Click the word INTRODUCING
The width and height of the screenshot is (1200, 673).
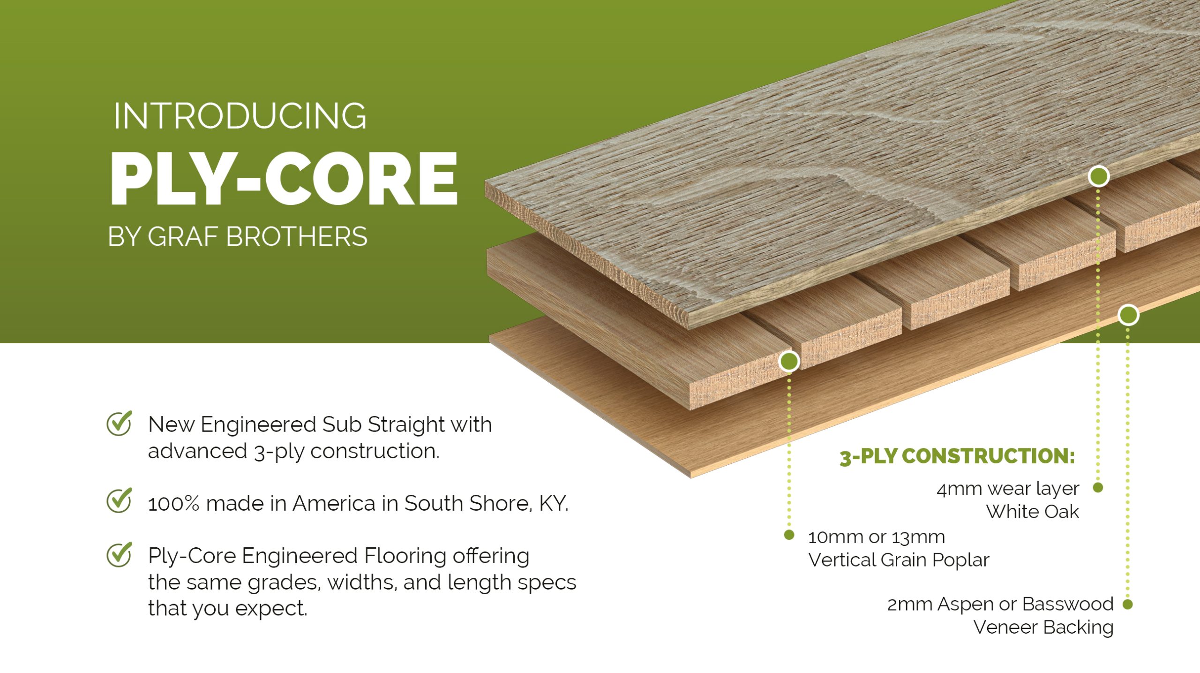pos(240,116)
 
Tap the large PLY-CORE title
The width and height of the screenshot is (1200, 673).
pos(284,179)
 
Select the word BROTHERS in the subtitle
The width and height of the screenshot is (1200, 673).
pos(297,236)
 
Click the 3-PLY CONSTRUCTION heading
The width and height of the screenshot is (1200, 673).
pos(957,457)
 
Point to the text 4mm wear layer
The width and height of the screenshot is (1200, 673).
pos(1008,489)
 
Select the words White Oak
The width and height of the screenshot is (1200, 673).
pos(1033,512)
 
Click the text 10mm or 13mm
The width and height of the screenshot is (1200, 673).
pos(877,537)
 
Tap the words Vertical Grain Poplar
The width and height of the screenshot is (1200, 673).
pos(899,560)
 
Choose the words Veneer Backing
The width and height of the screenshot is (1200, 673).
pos(1043,628)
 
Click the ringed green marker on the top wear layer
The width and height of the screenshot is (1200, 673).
pos(1099,176)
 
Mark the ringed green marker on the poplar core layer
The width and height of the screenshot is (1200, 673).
pos(789,361)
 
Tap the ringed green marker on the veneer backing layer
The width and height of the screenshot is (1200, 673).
pos(1128,315)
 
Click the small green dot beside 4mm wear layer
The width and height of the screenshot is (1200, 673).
pos(1098,488)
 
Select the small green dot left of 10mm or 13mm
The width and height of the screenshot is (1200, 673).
pos(789,535)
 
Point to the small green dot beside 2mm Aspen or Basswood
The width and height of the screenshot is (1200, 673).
pos(1128,604)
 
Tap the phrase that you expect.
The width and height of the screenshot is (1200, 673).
pos(228,609)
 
